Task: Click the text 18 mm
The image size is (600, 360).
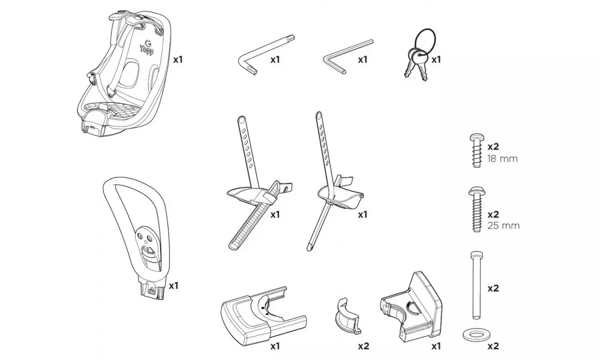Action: pos(503,159)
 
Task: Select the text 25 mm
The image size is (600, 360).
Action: pos(503,226)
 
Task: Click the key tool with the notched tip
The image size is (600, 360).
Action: pos(252,57)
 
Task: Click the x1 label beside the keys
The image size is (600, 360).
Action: pos(436,59)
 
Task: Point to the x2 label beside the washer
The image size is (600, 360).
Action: pos(493,346)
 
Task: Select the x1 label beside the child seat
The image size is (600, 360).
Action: pos(178,60)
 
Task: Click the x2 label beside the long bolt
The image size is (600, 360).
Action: pos(493,288)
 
